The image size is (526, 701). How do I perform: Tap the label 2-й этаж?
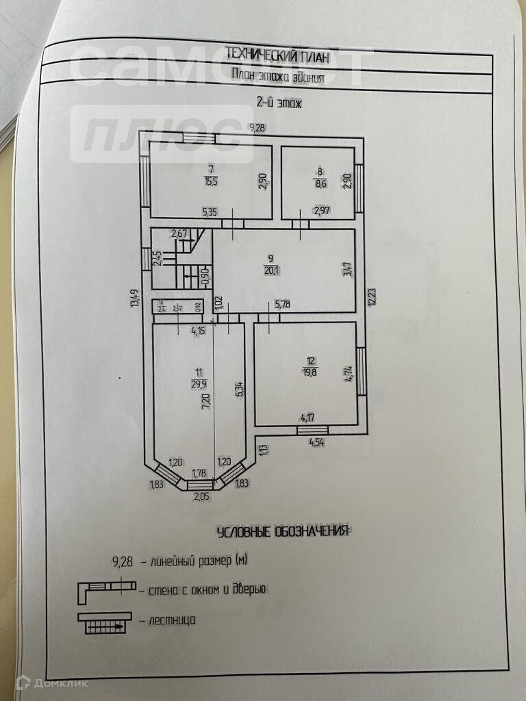pyautogui.click(x=279, y=103)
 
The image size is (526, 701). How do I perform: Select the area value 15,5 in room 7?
pyautogui.click(x=211, y=181)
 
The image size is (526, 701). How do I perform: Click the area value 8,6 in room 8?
pyautogui.click(x=320, y=184)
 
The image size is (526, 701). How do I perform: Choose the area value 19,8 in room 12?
pyautogui.click(x=311, y=372)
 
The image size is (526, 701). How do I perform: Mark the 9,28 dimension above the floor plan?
pyautogui.click(x=258, y=128)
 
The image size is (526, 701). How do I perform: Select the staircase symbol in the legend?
pyautogui.click(x=102, y=622)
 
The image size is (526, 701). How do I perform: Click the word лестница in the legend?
pyautogui.click(x=172, y=620)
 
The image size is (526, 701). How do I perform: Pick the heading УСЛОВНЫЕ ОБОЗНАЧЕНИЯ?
pyautogui.click(x=282, y=532)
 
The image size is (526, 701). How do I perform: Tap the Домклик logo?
pyautogui.click(x=42, y=682)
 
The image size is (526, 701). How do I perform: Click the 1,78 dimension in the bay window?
pyautogui.click(x=200, y=472)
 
